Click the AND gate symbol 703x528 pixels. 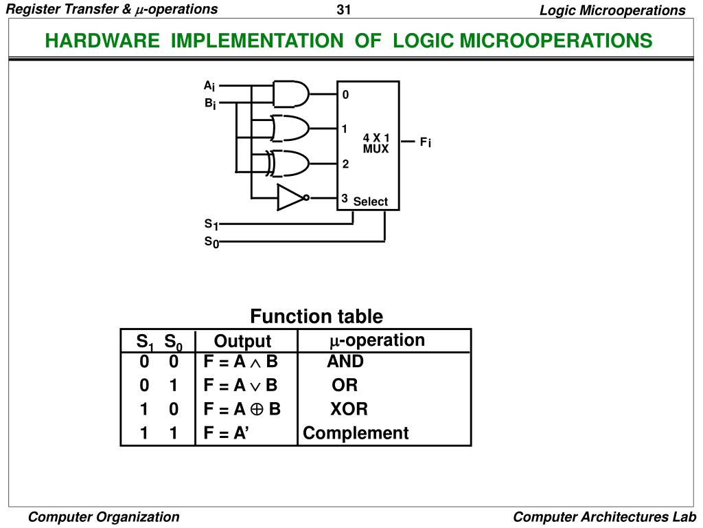pos(291,93)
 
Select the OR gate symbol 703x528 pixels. pos(290,128)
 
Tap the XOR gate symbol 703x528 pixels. pos(290,163)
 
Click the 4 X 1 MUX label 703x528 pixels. pos(376,143)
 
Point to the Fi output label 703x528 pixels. pos(426,142)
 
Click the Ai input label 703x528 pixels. pos(209,86)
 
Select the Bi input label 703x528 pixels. pos(209,104)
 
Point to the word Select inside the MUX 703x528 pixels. pos(371,201)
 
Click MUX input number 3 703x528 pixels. pos(345,199)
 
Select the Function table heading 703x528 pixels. pos(316,316)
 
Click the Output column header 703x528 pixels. pos(242,341)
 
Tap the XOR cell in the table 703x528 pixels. pos(349,409)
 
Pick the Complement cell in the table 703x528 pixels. pos(356,433)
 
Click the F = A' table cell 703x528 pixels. pos(226,433)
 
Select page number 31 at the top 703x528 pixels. pos(343,10)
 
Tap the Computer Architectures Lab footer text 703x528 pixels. pos(605,517)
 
